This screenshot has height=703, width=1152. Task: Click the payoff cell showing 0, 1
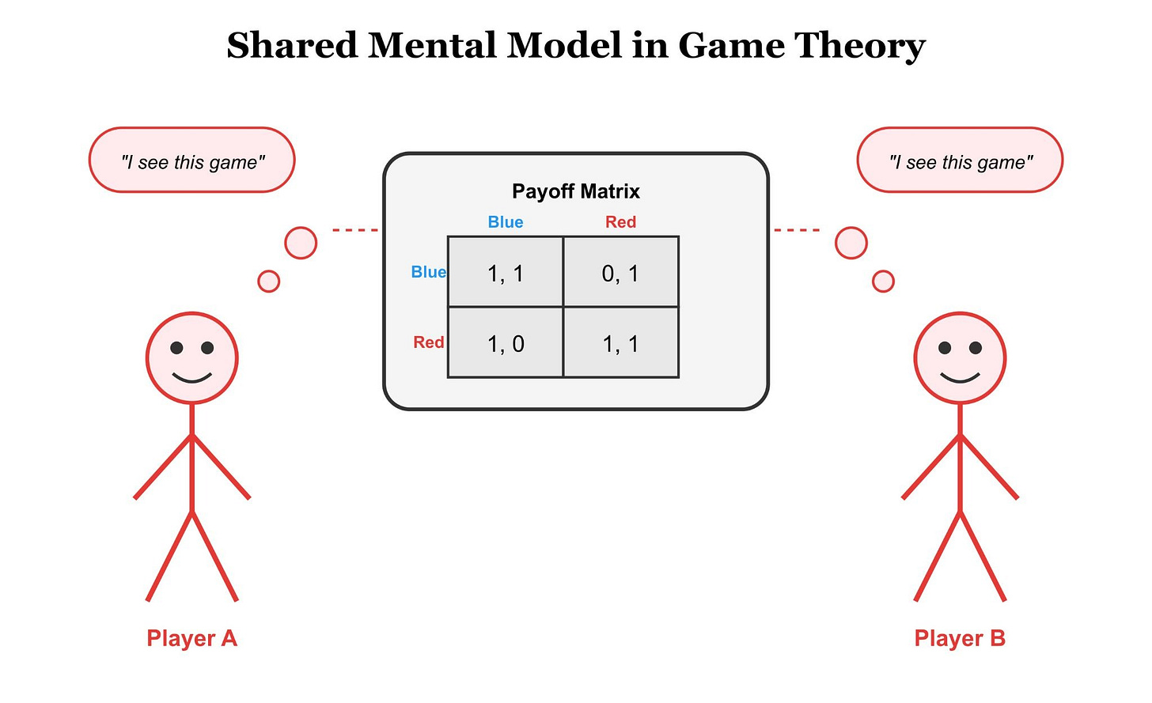(621, 272)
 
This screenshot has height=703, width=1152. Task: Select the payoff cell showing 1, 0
(506, 342)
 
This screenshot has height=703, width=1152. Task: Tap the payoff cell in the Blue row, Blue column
(506, 272)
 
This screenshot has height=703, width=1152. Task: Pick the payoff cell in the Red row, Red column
(621, 342)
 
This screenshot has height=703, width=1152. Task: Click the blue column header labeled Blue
(506, 222)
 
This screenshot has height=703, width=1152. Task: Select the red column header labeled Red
(621, 222)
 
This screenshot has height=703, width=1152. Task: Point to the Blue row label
(428, 272)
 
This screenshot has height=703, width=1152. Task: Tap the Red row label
(428, 342)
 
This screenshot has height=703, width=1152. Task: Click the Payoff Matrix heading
(576, 191)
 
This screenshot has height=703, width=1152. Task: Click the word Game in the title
(731, 45)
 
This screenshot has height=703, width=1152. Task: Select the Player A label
(191, 638)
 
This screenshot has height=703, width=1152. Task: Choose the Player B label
(960, 638)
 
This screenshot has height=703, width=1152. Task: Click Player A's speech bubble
(191, 160)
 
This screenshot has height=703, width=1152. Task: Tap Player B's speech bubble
(960, 160)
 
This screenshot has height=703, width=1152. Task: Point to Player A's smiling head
(191, 357)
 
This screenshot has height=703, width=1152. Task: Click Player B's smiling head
(960, 357)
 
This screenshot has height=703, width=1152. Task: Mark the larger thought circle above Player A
(301, 243)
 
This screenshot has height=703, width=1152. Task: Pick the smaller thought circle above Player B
(883, 281)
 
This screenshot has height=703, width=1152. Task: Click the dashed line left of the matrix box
(355, 229)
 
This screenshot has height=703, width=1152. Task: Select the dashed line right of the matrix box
(797, 229)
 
